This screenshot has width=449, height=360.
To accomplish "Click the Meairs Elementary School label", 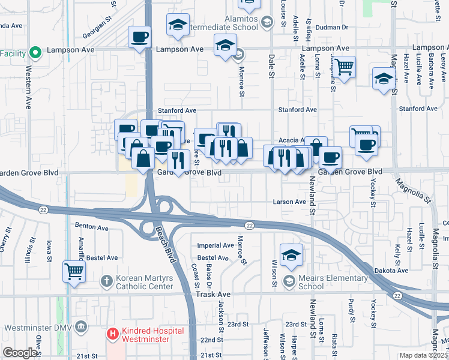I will point(319,281).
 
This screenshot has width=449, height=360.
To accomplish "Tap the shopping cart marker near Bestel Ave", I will point(74,271).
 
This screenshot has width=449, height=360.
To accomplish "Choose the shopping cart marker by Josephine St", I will point(344,67).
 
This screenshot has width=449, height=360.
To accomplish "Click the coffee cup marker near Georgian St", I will point(139,37).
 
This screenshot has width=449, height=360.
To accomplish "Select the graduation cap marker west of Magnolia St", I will point(384,79).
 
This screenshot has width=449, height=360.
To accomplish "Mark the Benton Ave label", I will point(91,227).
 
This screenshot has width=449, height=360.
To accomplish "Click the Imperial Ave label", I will point(215,245).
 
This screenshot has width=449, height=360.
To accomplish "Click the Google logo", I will point(20,353).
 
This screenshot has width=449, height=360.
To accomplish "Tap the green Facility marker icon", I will point(35,53).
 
